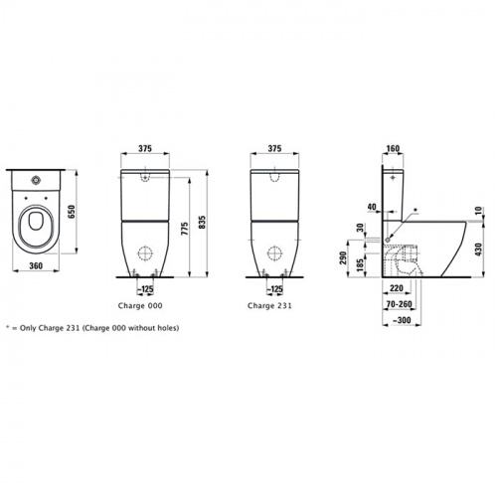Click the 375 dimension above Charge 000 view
click(x=145, y=140)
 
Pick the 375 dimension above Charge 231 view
click(x=274, y=140)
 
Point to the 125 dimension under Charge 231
click(x=275, y=289)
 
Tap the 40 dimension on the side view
click(x=370, y=208)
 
